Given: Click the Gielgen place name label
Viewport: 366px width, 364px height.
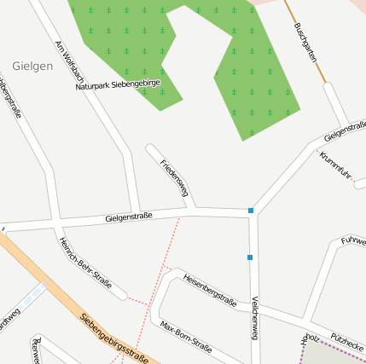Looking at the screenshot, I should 32,65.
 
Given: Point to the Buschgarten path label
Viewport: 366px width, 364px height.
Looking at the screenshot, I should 305,41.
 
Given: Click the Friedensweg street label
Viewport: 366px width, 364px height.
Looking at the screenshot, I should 173,177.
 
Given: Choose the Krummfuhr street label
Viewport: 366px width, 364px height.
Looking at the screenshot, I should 335,166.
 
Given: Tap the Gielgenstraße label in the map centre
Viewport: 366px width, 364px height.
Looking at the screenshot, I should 129,217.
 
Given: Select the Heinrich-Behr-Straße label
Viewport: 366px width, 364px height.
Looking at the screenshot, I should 85,263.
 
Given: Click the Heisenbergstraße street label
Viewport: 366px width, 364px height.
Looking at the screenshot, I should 210,289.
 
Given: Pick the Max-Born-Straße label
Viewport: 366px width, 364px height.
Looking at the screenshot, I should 186,335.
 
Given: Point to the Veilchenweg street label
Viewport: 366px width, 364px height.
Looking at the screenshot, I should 254,318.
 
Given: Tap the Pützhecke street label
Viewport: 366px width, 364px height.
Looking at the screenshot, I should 348,342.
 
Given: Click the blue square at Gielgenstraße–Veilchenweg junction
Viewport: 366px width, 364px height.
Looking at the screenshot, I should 251,210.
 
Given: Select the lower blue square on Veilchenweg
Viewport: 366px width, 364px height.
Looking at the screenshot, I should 250,257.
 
